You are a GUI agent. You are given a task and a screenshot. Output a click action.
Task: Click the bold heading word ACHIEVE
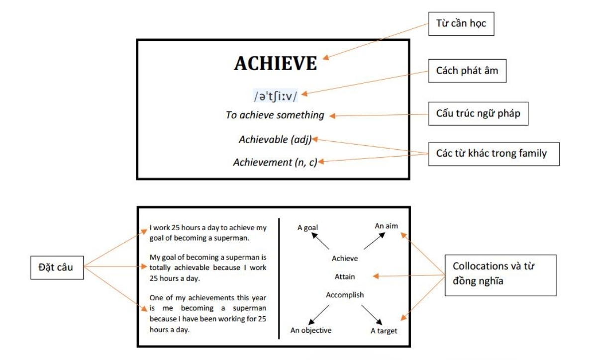coord(276,64)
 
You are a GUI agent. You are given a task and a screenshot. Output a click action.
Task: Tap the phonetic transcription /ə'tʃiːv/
coord(275,96)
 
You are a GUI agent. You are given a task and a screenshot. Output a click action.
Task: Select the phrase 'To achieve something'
coord(275,115)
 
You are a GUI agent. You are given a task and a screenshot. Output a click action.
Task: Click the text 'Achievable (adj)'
coord(275,139)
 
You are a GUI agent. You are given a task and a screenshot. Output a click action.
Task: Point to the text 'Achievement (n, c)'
coord(275,162)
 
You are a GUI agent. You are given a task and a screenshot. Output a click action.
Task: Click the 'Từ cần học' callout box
coord(461,24)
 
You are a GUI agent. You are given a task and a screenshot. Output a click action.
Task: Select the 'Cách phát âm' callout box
coord(467,71)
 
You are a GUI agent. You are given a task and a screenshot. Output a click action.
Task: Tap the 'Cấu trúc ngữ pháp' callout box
coord(478,113)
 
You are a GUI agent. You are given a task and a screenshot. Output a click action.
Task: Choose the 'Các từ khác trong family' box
coord(494,154)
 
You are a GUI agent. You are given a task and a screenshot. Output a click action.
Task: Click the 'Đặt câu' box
coord(57,268)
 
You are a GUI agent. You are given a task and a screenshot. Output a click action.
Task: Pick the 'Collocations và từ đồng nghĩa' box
coord(500,275)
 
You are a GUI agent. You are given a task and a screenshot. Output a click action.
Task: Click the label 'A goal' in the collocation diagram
coord(307,228)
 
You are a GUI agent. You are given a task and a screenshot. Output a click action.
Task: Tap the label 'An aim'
coord(386,226)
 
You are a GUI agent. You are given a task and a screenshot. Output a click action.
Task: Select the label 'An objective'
coord(311,330)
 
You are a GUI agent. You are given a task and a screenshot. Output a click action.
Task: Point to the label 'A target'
coord(384,331)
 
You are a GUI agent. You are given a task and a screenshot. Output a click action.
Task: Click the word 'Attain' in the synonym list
coord(345,276)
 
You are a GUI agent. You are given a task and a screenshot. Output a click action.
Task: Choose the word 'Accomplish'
coord(345,295)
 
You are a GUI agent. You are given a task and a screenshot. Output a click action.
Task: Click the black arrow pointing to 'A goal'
coord(320,241)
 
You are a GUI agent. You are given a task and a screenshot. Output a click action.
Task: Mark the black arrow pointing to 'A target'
coord(372,315)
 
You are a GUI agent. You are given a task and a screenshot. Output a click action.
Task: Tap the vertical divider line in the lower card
coord(279,278)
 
